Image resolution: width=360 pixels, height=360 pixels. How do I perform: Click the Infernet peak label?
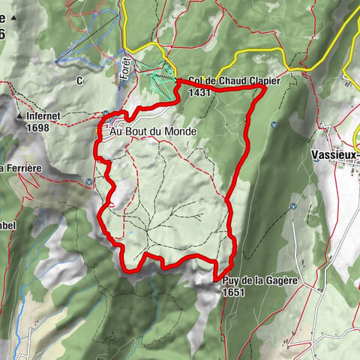(48, 117)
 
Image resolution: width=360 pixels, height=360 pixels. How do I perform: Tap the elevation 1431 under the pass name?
(200, 93)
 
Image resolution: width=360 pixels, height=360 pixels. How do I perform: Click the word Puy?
(231, 280)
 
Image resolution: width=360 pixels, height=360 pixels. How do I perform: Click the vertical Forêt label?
(125, 71)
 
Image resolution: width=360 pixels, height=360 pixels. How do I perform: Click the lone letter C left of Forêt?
(78, 78)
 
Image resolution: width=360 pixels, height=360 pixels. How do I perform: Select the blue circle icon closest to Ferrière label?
(90, 181)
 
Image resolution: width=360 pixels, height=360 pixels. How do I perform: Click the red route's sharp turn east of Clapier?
(265, 88)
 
